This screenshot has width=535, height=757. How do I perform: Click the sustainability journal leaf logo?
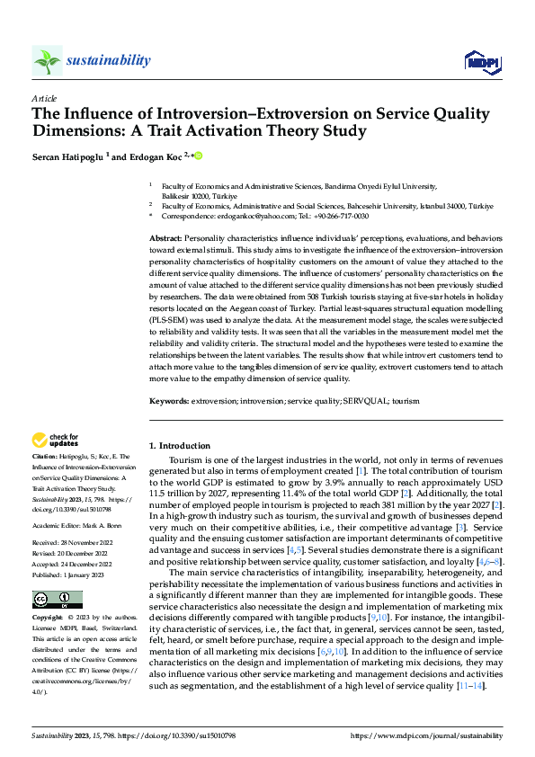[47, 60]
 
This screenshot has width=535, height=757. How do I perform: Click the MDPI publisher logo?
[480, 61]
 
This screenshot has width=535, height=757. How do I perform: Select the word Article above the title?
[43, 98]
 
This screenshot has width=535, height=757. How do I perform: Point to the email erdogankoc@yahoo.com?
[241, 217]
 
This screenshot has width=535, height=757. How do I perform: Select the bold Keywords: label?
[168, 400]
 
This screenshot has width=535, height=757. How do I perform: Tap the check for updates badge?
[55, 441]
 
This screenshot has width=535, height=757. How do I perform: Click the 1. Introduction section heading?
[180, 446]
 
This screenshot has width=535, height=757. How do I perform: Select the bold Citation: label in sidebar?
[47, 458]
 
